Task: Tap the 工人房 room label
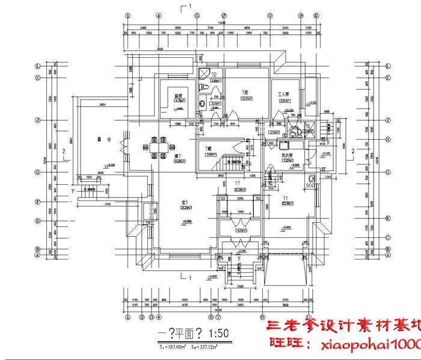[284, 95]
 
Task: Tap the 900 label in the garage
[310, 186]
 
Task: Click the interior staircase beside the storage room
[232, 161]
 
